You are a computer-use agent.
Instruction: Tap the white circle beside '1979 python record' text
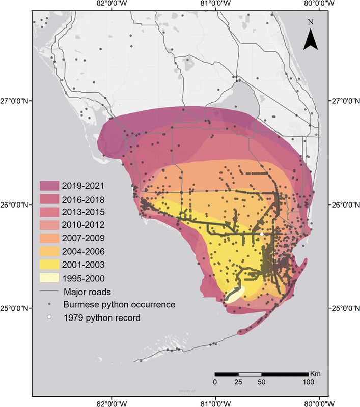[x=50, y=317]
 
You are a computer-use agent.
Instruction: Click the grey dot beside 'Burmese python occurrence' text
[x=50, y=305]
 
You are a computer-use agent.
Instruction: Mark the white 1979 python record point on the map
[x=261, y=234]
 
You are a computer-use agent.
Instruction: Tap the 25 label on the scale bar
[x=238, y=381]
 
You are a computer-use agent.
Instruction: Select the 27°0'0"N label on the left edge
[x=16, y=101]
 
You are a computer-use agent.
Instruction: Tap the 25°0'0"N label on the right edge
[x=344, y=308]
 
